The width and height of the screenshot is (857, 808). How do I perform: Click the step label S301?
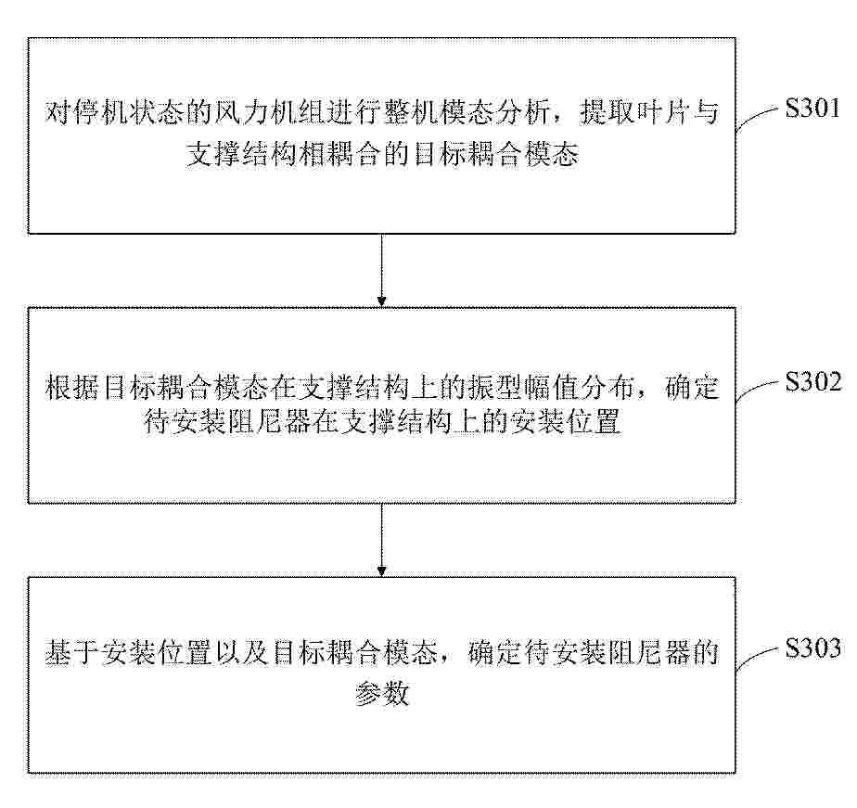[x=812, y=108]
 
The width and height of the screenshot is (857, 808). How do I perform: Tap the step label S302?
[x=813, y=381]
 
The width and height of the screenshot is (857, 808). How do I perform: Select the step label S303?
[x=812, y=648]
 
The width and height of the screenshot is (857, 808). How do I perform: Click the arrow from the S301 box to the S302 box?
[x=381, y=270]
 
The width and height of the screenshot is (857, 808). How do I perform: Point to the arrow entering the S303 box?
[x=381, y=540]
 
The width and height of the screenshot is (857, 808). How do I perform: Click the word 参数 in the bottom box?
[x=381, y=694]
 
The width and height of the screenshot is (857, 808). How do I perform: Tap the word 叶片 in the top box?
[x=661, y=112]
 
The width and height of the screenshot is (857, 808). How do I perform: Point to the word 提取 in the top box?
[x=606, y=112]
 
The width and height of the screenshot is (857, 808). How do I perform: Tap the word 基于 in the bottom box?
[x=72, y=652]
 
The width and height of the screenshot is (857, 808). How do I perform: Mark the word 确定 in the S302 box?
[x=691, y=387]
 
